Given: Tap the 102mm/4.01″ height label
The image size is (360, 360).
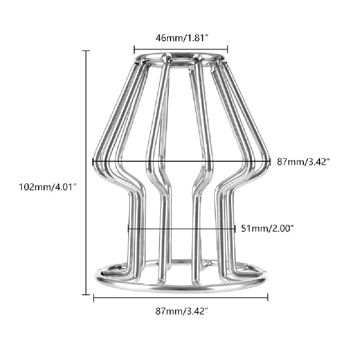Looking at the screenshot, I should pyautogui.click(x=48, y=187).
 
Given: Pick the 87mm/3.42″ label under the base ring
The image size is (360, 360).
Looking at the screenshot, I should pyautogui.click(x=182, y=311).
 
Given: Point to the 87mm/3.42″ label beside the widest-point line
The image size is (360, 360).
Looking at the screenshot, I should pyautogui.click(x=303, y=162).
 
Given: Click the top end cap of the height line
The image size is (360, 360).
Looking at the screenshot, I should pyautogui.click(x=86, y=51).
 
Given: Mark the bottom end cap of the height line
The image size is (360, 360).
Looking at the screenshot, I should pyautogui.click(x=86, y=294).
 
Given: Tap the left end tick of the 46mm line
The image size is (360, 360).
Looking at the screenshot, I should pyautogui.click(x=134, y=49).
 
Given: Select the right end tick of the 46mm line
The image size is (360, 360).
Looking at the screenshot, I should pyautogui.click(x=228, y=49).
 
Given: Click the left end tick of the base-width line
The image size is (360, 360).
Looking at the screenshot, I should pyautogui.click(x=94, y=298).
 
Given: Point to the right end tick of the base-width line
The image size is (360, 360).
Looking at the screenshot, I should pyautogui.click(x=267, y=298).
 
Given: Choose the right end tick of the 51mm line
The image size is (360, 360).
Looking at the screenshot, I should pyautogui.click(x=235, y=229).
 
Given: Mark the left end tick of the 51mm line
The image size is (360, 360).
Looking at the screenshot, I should pyautogui.click(x=129, y=229).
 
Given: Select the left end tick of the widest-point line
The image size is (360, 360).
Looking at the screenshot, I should pyautogui.click(x=93, y=162).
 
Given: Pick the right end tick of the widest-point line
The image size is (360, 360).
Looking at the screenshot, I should pyautogui.click(x=270, y=162).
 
